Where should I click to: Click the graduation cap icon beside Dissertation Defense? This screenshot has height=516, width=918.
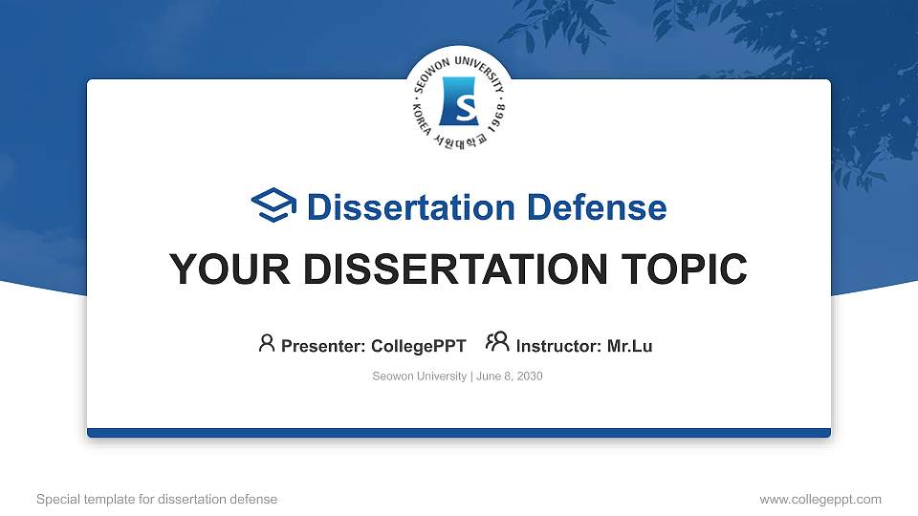(x=273, y=204)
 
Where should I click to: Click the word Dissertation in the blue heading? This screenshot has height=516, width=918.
(x=411, y=207)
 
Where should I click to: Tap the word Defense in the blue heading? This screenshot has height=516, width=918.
(x=597, y=207)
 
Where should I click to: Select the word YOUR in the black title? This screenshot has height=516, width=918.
(x=229, y=269)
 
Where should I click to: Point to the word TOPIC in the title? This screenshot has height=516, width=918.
(x=684, y=269)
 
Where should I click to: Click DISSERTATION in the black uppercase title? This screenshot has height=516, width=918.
(x=455, y=269)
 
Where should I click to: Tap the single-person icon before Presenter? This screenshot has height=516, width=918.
(x=267, y=343)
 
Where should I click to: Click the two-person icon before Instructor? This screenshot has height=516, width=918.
(x=497, y=342)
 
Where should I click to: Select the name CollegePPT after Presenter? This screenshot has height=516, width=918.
(x=419, y=346)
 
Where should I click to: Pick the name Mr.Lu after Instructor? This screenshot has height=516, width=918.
(x=629, y=346)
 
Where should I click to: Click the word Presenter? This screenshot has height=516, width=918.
(x=323, y=346)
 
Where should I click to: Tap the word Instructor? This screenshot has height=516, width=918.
(x=558, y=346)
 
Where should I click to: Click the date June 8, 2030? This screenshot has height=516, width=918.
(x=510, y=376)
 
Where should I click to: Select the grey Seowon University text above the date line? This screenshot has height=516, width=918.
(x=419, y=376)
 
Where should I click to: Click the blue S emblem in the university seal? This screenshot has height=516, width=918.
(x=458, y=101)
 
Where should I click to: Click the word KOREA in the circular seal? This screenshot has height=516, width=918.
(x=422, y=121)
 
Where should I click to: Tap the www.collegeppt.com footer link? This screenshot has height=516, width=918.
(x=820, y=499)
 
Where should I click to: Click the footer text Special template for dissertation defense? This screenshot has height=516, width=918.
(x=157, y=499)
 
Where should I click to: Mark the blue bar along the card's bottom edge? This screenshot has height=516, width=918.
(x=459, y=433)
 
